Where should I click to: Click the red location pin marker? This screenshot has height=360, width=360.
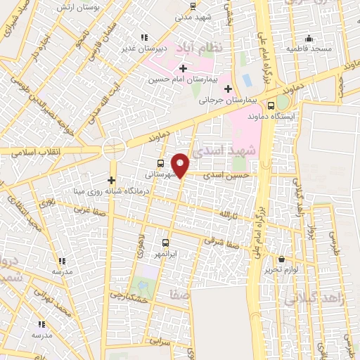[x=181, y=165]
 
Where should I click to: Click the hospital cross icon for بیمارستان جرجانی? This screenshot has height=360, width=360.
[x=227, y=89]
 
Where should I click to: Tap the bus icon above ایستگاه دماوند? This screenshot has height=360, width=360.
[x=281, y=104]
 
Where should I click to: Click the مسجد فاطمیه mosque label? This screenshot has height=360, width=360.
[x=309, y=49]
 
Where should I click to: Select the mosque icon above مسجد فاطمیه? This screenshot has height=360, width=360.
[x=309, y=37]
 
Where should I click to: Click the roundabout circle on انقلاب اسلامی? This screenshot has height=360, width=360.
[x=111, y=149]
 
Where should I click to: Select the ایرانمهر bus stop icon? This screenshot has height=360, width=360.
[x=166, y=240]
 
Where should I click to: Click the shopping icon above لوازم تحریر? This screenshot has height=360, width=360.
[x=282, y=259]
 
